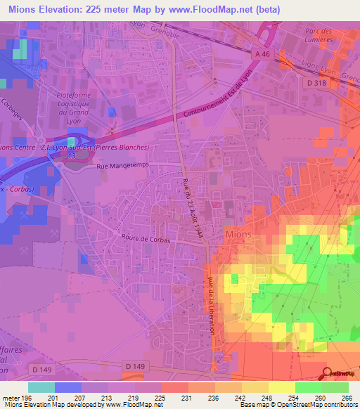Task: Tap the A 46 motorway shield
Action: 262,53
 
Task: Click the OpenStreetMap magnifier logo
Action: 326,373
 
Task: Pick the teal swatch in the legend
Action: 41,387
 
